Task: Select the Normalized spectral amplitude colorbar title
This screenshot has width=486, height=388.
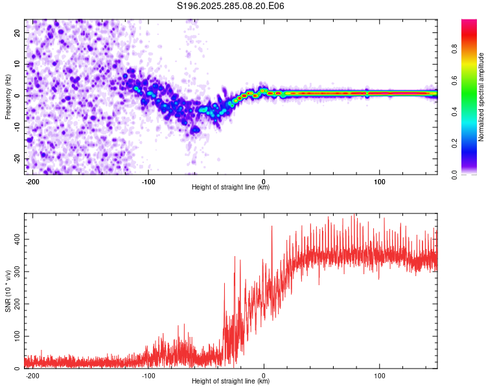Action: (481, 97)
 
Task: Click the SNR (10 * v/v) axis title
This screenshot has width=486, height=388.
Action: (8, 291)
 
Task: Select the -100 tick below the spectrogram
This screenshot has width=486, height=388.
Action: (148, 181)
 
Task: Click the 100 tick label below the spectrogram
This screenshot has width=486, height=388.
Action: (379, 181)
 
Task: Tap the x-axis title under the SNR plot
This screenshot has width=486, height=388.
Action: (231, 382)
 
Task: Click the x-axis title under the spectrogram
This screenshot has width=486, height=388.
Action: (231, 188)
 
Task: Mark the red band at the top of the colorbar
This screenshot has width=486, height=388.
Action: (469, 26)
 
